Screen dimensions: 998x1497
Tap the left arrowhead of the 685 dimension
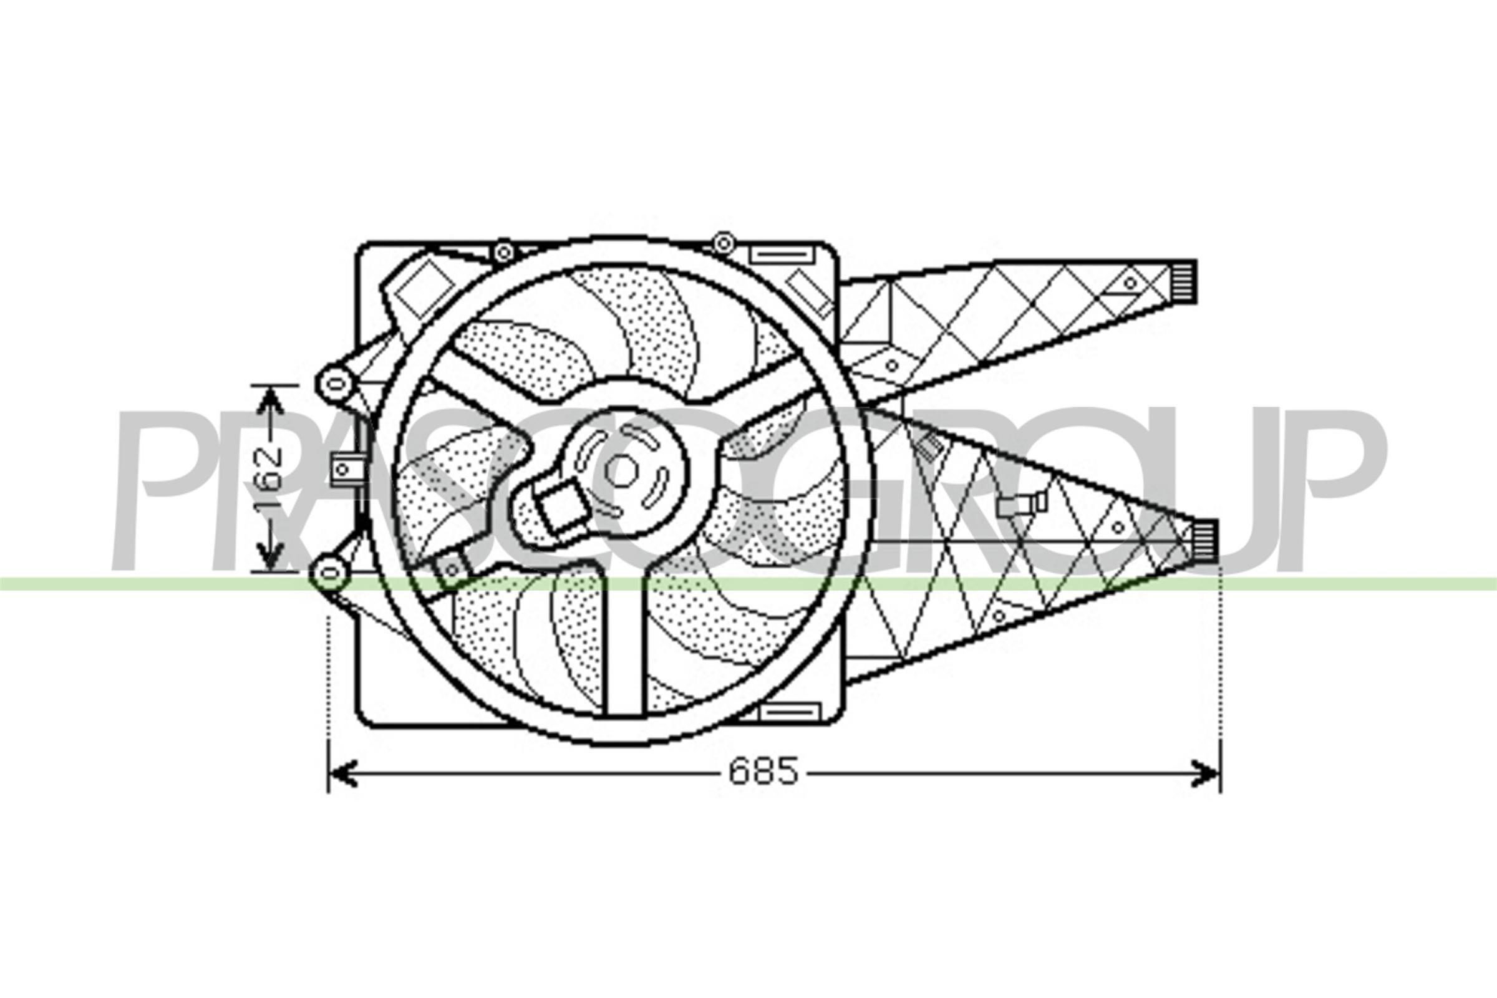pos(342,773)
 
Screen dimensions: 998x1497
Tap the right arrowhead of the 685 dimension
pos(1206,773)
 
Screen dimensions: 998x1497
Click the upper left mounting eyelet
pos(336,383)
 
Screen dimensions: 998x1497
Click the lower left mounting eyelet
pos(329,573)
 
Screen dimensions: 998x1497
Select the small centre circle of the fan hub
pos(621,470)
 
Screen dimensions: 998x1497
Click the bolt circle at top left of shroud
pos(503,253)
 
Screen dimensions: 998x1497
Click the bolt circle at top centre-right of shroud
pos(722,243)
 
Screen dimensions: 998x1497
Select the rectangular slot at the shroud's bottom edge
pos(790,712)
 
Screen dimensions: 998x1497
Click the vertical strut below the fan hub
pos(624,643)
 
